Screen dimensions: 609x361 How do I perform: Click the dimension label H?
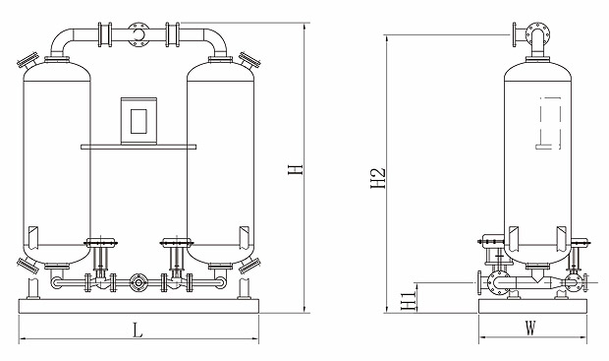coord(296,169)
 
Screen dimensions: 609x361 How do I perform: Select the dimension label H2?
coord(377,179)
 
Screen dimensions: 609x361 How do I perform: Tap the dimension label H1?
coord(409,301)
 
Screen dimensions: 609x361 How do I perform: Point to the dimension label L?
coord(138,331)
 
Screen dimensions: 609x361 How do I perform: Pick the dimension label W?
coord(530,328)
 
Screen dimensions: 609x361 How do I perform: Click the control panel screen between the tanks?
coord(138,121)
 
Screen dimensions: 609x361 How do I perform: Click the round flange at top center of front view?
coord(138,34)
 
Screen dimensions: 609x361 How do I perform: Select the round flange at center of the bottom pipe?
coord(138,282)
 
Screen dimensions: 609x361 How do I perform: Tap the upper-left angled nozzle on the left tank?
coord(28,60)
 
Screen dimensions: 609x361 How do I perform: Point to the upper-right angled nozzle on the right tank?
coord(249,60)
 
